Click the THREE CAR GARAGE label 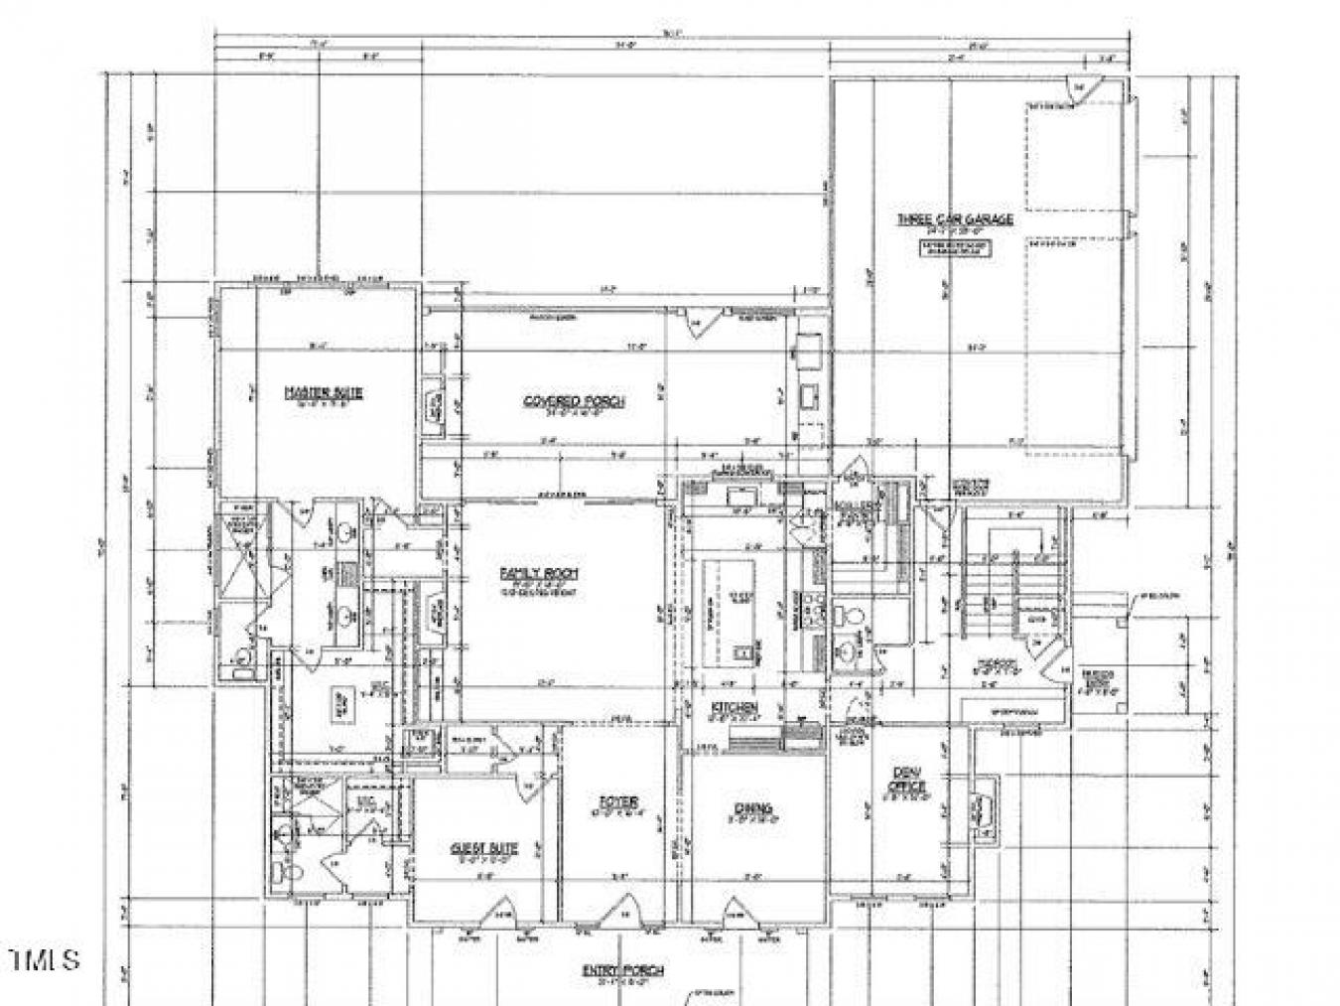click(955, 218)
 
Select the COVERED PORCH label click(574, 401)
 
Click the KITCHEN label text click(734, 708)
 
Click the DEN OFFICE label click(906, 780)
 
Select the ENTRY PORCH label click(623, 970)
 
